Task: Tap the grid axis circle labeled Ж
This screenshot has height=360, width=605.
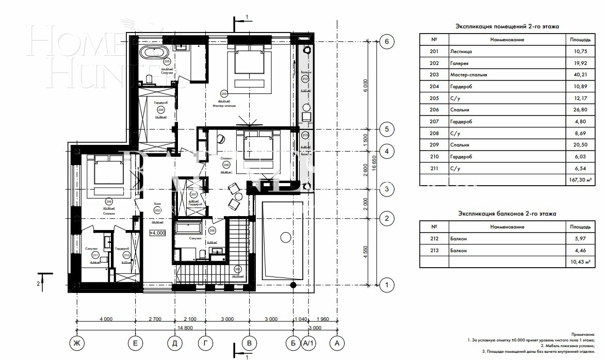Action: click(77, 343)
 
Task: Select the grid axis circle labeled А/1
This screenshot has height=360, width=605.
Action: click(308, 343)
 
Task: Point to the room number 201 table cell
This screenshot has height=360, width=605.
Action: click(434, 52)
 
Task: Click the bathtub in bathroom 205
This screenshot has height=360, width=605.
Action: click(153, 53)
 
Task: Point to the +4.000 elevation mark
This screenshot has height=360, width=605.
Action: click(157, 233)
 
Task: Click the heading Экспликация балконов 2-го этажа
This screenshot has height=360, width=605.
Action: click(507, 214)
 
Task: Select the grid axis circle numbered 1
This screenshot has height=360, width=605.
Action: click(386, 284)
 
